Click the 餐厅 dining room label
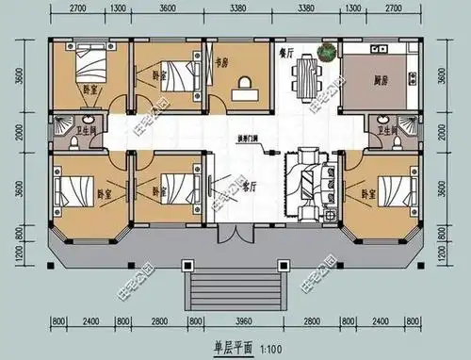(x=284, y=53)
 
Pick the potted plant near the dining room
(x=327, y=53)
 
